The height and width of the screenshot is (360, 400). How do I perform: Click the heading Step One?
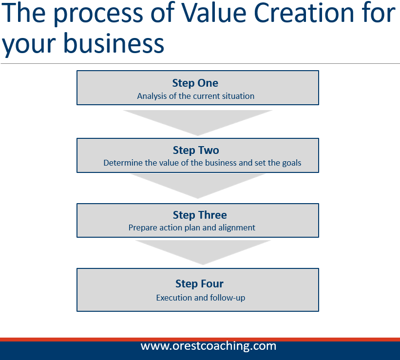[195, 83]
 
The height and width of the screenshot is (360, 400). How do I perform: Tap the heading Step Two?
[196, 150]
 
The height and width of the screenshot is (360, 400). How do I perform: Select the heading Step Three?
[200, 215]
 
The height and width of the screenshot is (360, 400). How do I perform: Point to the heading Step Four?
[199, 284]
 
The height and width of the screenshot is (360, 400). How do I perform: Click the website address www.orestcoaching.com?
[209, 346]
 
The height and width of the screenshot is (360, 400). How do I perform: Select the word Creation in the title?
[304, 13]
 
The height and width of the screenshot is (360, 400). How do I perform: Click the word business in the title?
[114, 43]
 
